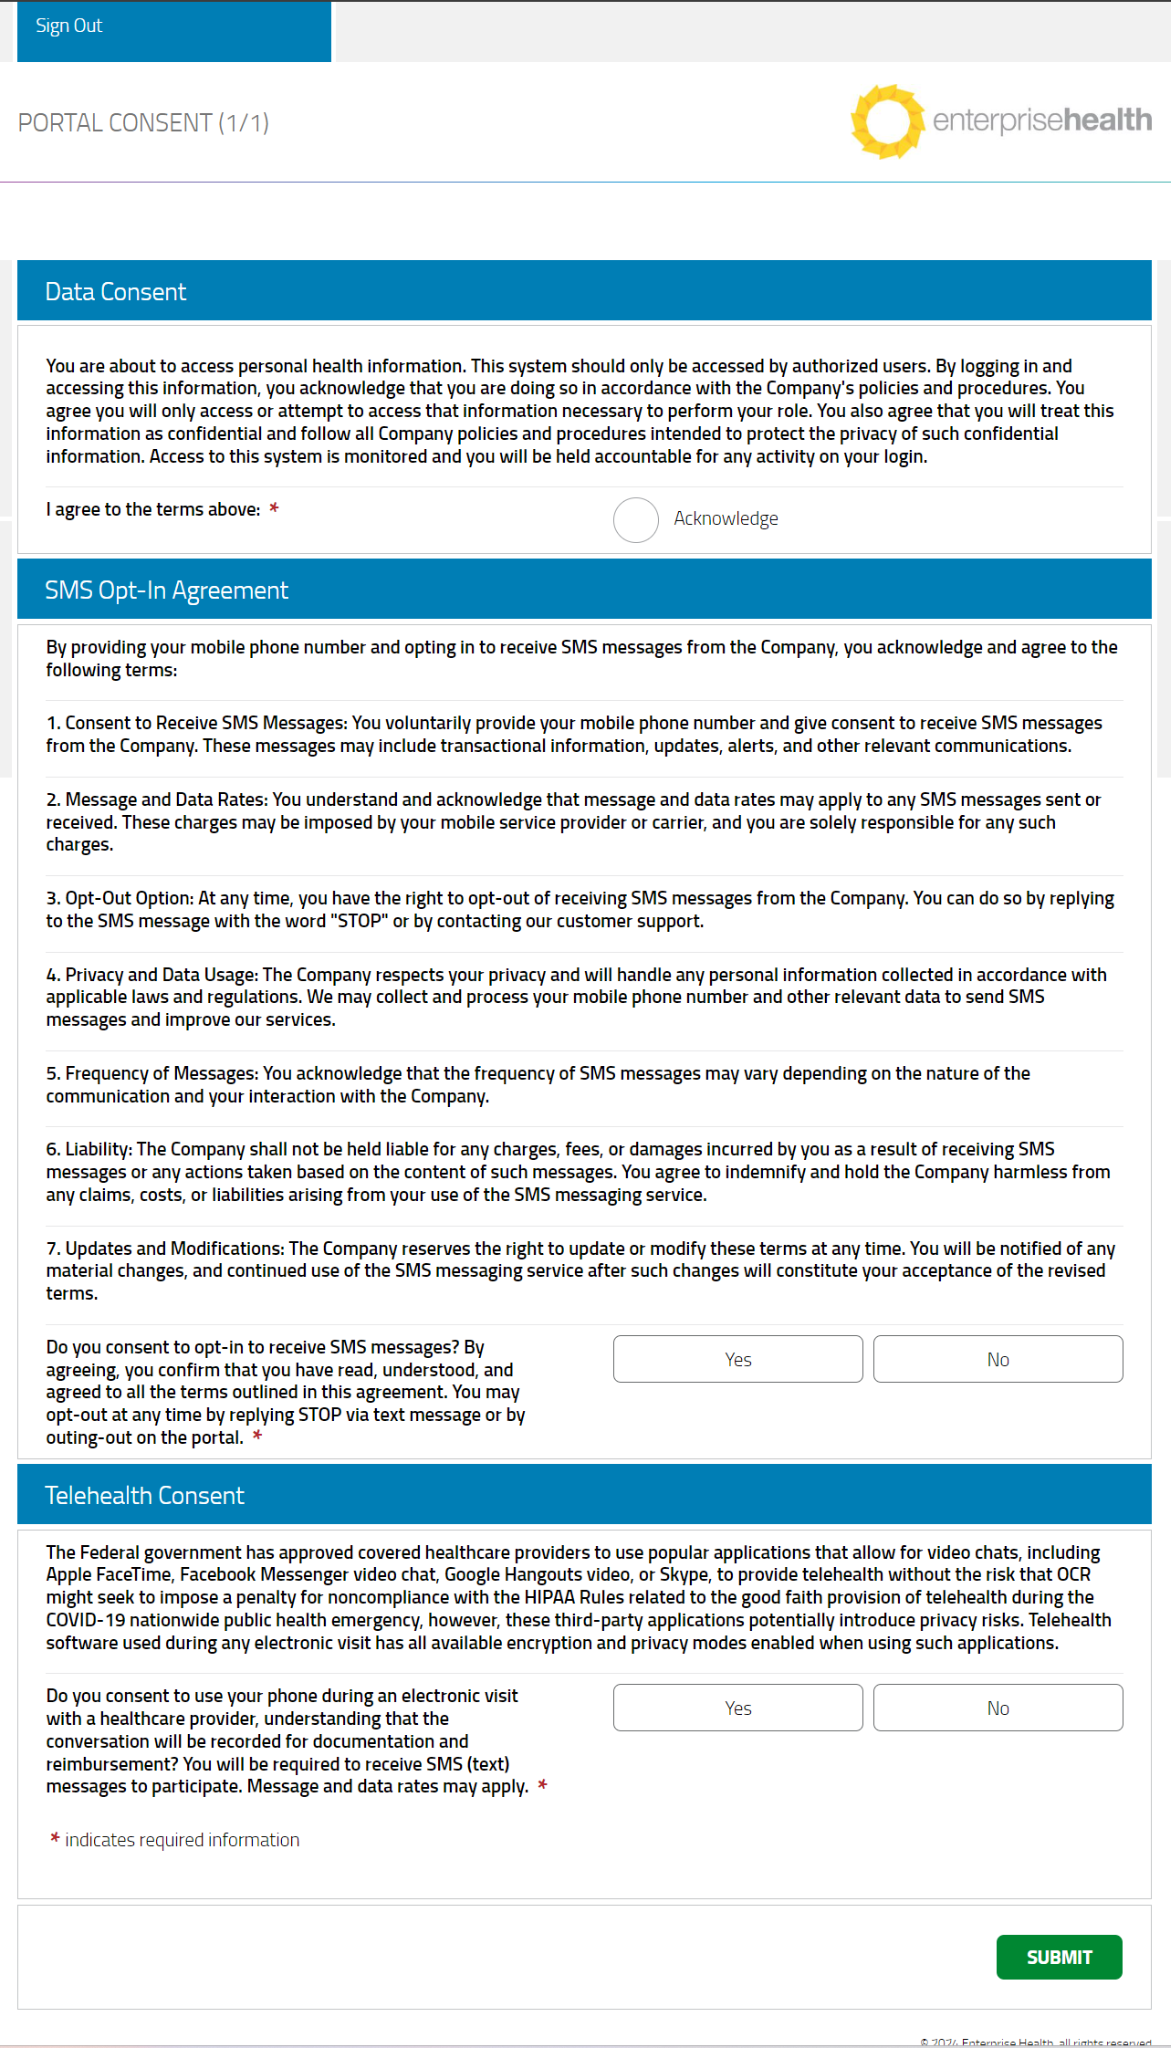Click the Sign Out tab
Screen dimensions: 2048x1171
click(x=69, y=27)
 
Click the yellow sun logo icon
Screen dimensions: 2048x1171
click(x=886, y=122)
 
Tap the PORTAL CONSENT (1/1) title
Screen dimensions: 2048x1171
click(x=143, y=123)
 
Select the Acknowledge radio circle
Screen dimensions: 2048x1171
click(x=636, y=520)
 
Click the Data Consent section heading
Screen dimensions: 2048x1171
click(x=116, y=292)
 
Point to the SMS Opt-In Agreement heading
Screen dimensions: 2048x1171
click(x=166, y=591)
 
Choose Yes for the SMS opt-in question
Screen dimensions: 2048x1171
click(x=737, y=1360)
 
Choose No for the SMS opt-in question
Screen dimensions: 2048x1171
click(x=997, y=1360)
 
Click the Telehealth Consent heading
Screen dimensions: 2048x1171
click(x=144, y=1496)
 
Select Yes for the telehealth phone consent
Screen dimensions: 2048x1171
click(x=737, y=1709)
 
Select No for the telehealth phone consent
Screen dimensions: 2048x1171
click(x=997, y=1709)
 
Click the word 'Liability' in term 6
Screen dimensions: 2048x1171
click(x=98, y=1150)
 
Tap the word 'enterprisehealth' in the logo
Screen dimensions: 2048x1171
click(x=1041, y=121)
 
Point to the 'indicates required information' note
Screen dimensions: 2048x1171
click(x=182, y=1840)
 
